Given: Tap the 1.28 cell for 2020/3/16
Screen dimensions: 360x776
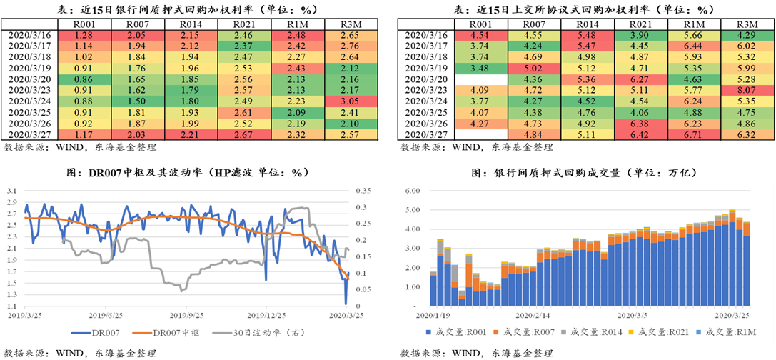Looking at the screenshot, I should click(x=84, y=34).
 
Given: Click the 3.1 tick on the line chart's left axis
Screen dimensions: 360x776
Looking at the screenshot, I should click(x=12, y=191).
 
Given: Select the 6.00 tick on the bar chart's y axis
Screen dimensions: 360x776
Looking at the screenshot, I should click(x=410, y=191).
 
